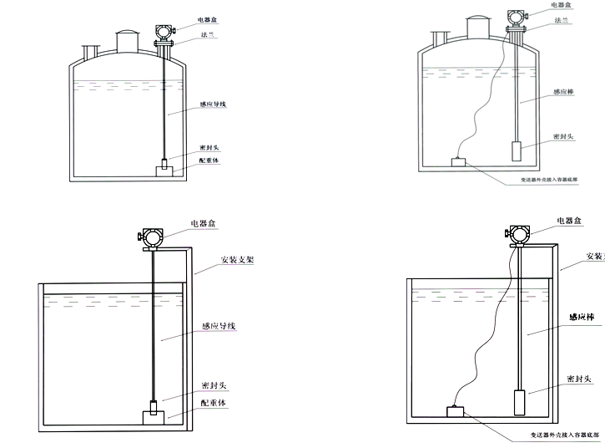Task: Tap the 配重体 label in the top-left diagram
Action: pos(210,160)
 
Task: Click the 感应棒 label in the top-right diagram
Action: pos(564,94)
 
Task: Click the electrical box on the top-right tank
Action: pos(515,17)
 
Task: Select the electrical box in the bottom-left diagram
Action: pos(151,236)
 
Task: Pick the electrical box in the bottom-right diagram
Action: pos(519,235)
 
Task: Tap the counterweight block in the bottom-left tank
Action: pos(154,414)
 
